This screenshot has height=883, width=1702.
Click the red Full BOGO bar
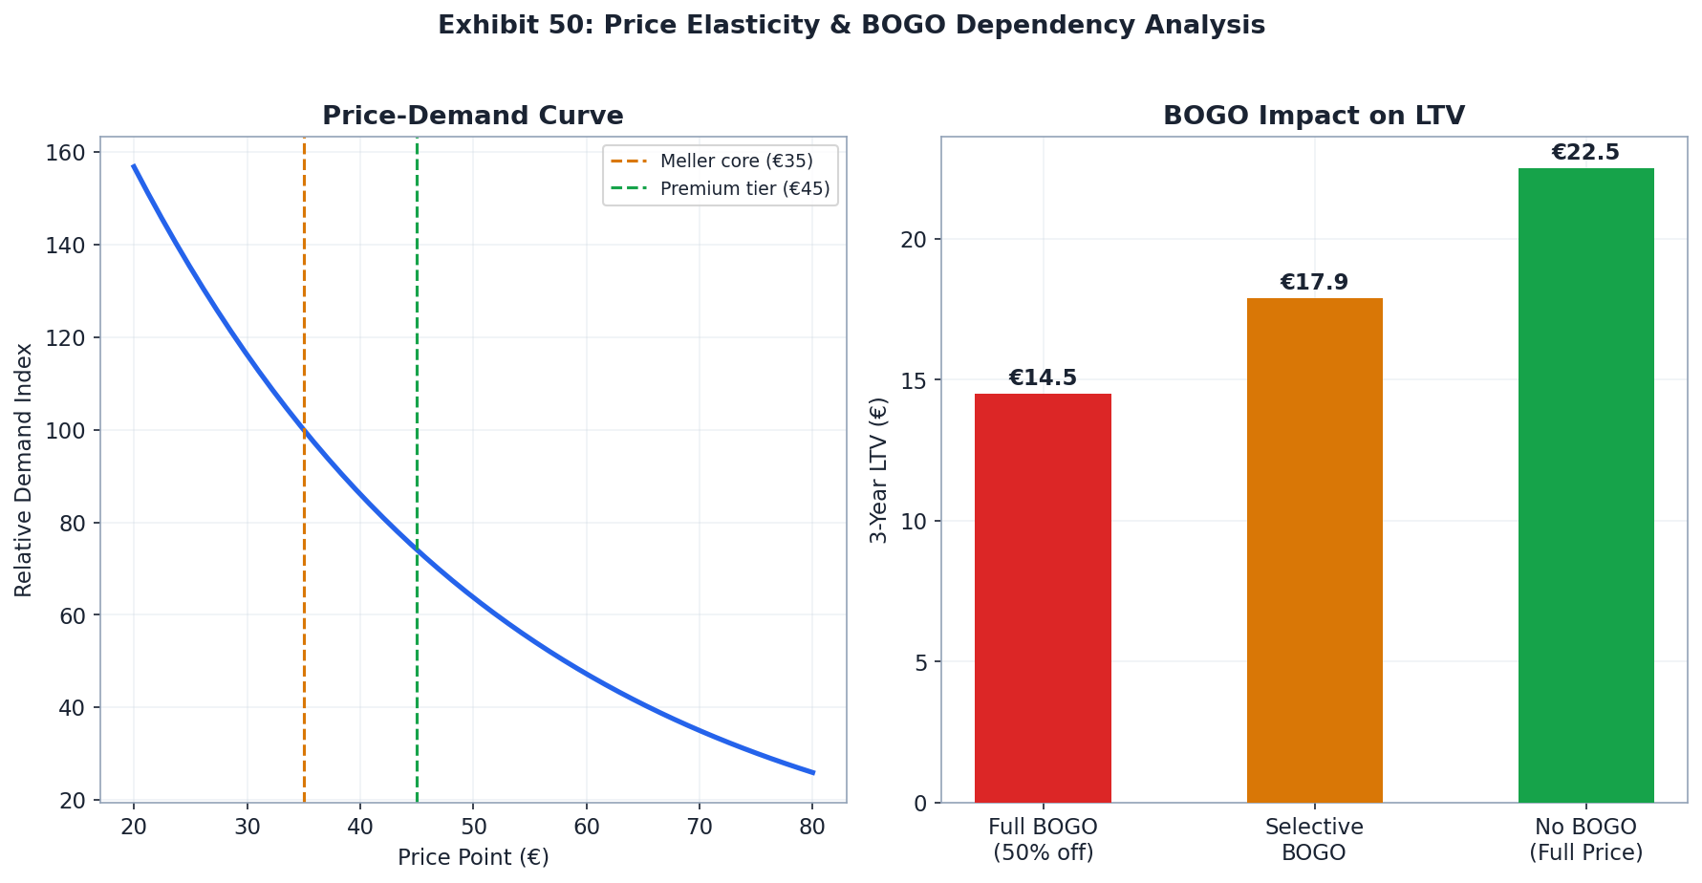point(1043,597)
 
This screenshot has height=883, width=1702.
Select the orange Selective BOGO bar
point(1314,549)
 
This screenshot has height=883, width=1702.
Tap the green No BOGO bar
point(1585,485)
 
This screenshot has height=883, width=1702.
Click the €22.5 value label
point(1585,153)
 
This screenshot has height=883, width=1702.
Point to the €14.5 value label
point(1043,378)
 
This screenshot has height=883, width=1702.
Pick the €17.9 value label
point(1314,283)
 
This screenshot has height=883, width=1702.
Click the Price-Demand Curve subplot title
point(473,117)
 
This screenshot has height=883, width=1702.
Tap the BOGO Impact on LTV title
point(1314,117)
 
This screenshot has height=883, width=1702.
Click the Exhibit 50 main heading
point(851,26)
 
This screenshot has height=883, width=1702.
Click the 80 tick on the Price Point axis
point(811,828)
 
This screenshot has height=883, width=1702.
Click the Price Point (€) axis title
point(473,857)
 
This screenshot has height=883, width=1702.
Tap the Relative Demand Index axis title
point(24,469)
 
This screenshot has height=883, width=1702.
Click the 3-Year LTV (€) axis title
point(879,469)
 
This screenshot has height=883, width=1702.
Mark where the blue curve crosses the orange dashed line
point(304,431)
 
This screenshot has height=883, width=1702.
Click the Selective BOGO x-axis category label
point(1314,839)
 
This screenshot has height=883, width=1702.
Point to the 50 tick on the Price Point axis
point(473,828)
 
